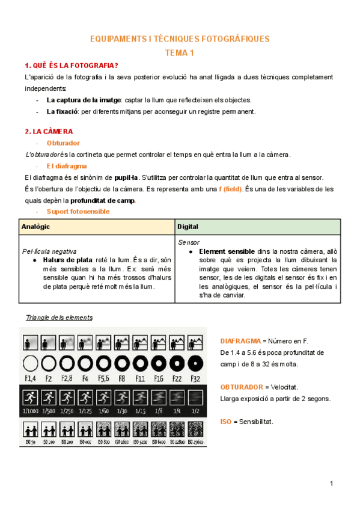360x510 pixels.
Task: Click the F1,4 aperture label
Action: (x=30, y=378)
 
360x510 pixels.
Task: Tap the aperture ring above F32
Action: (x=194, y=363)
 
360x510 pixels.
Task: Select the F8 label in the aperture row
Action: (x=121, y=378)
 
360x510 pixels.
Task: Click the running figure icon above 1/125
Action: (x=85, y=397)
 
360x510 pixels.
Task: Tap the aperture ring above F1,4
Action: (x=30, y=363)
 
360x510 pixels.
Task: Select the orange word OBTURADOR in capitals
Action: (x=241, y=387)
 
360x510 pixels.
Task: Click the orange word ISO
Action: (x=226, y=422)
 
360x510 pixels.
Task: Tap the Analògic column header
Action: (x=35, y=227)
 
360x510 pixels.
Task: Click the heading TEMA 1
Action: (x=180, y=53)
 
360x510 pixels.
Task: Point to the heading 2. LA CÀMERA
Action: (x=49, y=131)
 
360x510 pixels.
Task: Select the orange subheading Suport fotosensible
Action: (x=78, y=212)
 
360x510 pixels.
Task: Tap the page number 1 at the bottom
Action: (x=331, y=484)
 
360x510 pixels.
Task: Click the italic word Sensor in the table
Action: (x=189, y=242)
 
